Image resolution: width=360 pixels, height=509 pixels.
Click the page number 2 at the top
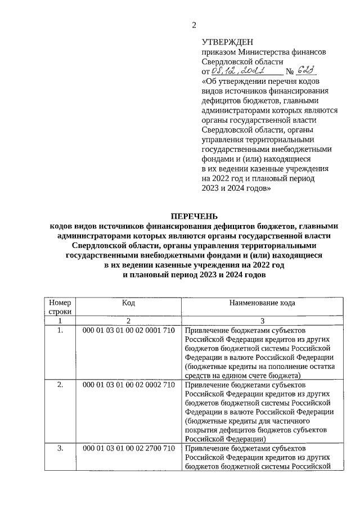[x=194, y=24]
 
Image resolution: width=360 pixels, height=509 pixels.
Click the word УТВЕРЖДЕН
[x=228, y=42]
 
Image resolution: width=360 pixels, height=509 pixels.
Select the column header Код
[x=129, y=303]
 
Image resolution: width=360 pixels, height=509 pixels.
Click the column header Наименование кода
[x=262, y=303]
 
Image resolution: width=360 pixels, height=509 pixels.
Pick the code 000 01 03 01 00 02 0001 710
[x=129, y=330]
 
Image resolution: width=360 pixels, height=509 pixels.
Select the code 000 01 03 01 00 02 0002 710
[x=129, y=385]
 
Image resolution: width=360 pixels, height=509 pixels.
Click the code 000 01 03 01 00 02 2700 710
[x=129, y=448]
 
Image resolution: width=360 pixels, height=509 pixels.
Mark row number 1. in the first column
[x=60, y=330]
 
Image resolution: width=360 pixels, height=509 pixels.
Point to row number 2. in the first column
[x=60, y=385]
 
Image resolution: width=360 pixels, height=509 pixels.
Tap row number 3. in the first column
[x=60, y=448]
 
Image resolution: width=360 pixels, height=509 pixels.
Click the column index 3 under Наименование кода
[x=262, y=320]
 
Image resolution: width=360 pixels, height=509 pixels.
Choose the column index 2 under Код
[x=129, y=320]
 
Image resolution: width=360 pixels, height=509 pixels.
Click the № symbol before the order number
[x=290, y=72]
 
